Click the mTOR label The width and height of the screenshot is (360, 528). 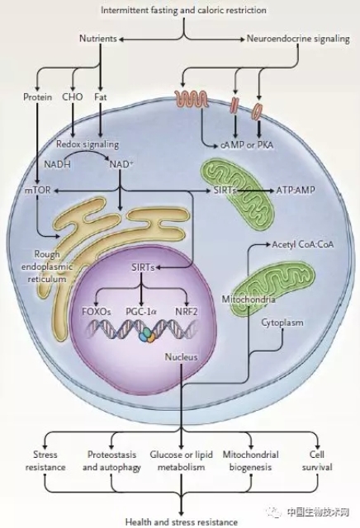tap(37, 190)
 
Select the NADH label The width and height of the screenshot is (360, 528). tap(57, 164)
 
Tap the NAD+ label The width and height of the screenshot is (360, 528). tap(121, 164)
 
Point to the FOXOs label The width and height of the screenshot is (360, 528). tap(97, 312)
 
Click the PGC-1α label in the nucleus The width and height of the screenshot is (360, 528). tap(141, 312)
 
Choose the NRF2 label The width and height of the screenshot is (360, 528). tap(187, 312)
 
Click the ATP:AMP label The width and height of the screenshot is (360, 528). tap(296, 190)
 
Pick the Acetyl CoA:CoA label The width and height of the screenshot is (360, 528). tap(303, 244)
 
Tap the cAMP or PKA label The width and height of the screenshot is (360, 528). tap(247, 145)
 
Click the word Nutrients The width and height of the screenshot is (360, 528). tap(98, 39)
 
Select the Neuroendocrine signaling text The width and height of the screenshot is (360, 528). tap(298, 39)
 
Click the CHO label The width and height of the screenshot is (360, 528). tap(73, 97)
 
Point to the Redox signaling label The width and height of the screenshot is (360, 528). tap(88, 144)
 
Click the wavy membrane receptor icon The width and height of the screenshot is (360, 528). tap(192, 99)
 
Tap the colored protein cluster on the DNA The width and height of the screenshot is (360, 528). tap(147, 335)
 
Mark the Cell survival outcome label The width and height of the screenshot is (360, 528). tap(317, 460)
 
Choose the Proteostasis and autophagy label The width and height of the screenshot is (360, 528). tap(111, 460)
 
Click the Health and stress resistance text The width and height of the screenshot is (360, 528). tap(182, 522)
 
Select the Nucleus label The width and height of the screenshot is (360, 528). tap(182, 357)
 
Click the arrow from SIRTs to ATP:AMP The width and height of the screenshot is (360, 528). tap(255, 191)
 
